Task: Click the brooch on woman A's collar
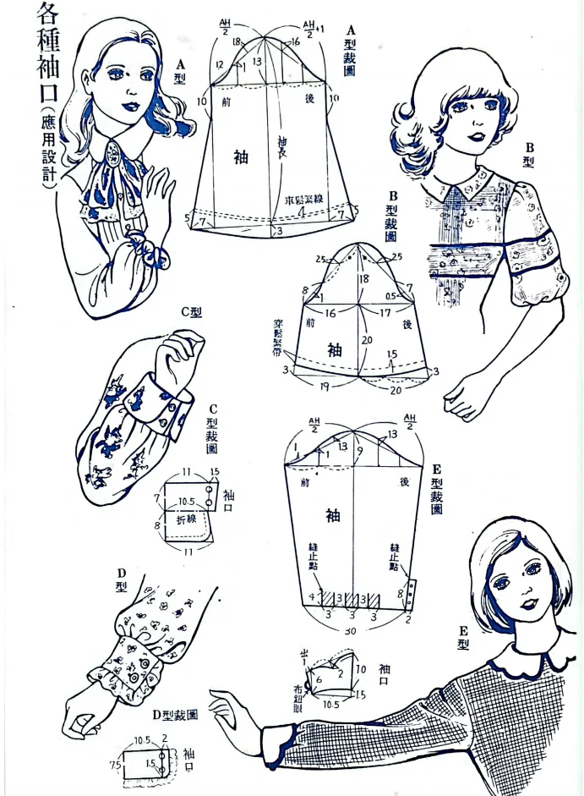(x=111, y=159)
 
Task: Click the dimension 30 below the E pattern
(x=350, y=631)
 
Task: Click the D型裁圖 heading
(x=168, y=715)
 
